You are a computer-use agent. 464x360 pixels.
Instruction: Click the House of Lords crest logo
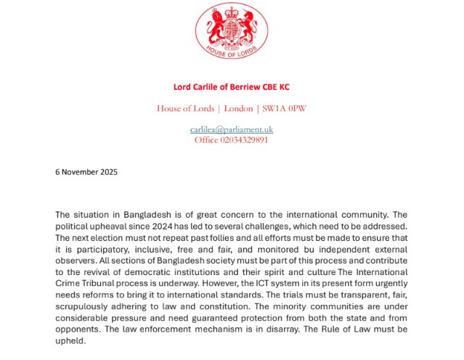(232, 32)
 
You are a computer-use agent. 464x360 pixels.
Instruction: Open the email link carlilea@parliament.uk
(232, 129)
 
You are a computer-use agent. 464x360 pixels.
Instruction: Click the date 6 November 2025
(86, 172)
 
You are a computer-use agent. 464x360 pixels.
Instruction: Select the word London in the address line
(238, 109)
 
